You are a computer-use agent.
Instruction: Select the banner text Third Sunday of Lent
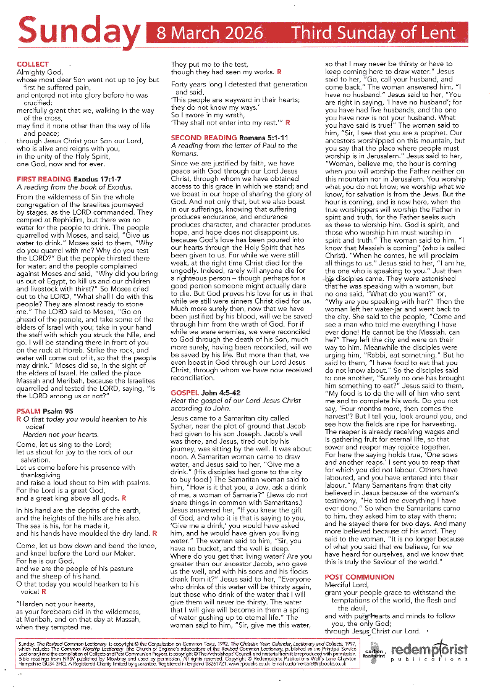pyautogui.click(x=373, y=32)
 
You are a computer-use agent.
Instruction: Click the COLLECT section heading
pyautogui.click(x=33, y=64)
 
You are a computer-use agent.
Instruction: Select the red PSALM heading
pyautogui.click(x=29, y=411)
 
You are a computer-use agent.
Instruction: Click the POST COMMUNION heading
pyautogui.click(x=359, y=577)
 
